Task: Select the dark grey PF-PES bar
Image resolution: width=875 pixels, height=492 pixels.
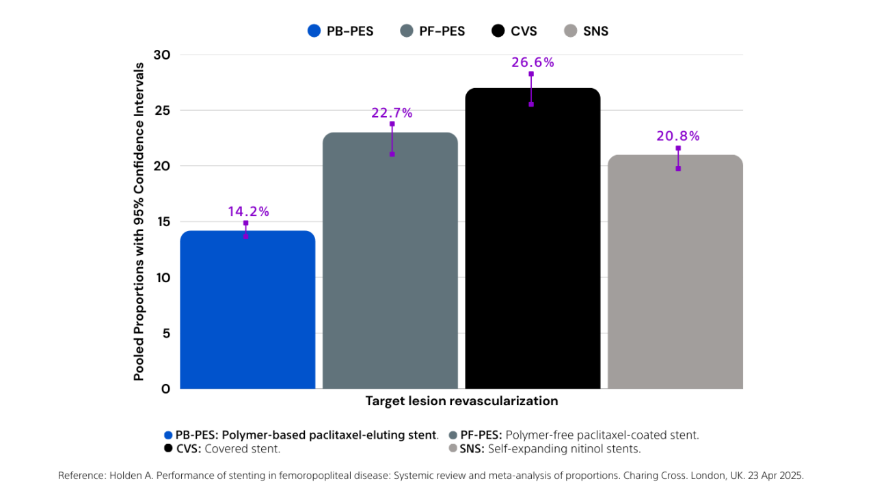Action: (390, 260)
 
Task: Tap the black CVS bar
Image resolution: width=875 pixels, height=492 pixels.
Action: (533, 238)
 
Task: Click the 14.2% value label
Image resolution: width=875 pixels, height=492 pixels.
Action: (249, 212)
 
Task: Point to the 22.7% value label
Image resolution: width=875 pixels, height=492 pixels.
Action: (392, 113)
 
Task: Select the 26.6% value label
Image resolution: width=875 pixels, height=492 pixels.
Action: (533, 62)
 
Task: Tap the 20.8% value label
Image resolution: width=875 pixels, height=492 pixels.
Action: (678, 136)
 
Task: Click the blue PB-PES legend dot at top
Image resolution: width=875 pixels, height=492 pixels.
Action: (314, 31)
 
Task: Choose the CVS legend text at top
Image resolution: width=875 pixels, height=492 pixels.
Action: (524, 31)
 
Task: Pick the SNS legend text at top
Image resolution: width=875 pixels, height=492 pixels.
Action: (595, 31)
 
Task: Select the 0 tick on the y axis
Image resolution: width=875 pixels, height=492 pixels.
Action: (166, 389)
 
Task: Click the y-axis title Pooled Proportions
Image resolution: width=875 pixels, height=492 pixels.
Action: (139, 221)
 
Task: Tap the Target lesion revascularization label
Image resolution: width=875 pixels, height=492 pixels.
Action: (461, 401)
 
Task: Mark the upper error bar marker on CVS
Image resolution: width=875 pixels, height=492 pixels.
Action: (531, 74)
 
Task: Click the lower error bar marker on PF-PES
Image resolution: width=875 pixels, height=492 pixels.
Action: (392, 154)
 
